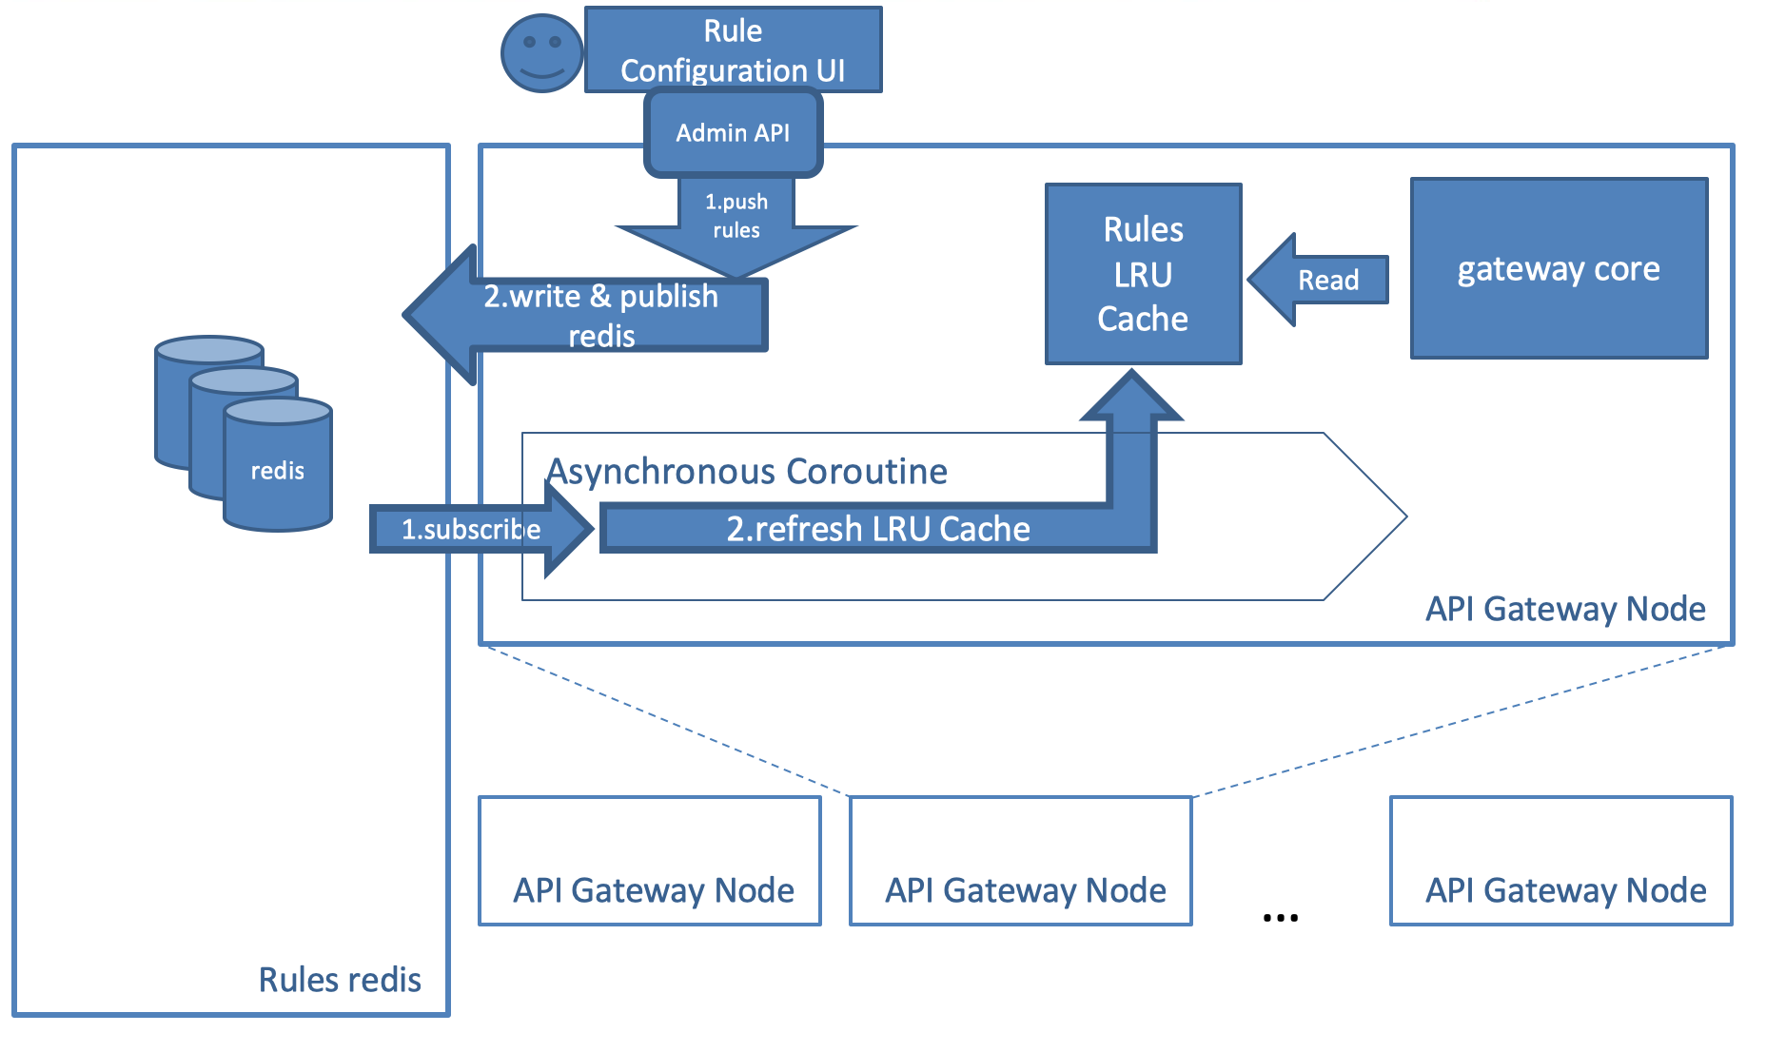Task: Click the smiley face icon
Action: click(x=541, y=53)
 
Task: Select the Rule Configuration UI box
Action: click(x=733, y=49)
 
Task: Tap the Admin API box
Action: click(x=733, y=133)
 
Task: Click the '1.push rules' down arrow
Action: click(x=736, y=228)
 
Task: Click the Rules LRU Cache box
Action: click(x=1143, y=274)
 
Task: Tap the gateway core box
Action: click(x=1559, y=269)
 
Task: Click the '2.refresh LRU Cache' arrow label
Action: click(x=877, y=529)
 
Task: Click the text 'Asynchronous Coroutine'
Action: click(x=748, y=472)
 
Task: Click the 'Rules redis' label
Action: click(x=340, y=980)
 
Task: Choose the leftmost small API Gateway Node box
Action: click(x=650, y=861)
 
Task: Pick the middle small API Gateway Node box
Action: click(x=1021, y=861)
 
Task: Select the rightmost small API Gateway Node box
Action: click(x=1561, y=861)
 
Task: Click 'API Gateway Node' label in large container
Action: click(x=1565, y=609)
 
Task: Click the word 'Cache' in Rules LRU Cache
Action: click(x=1143, y=320)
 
